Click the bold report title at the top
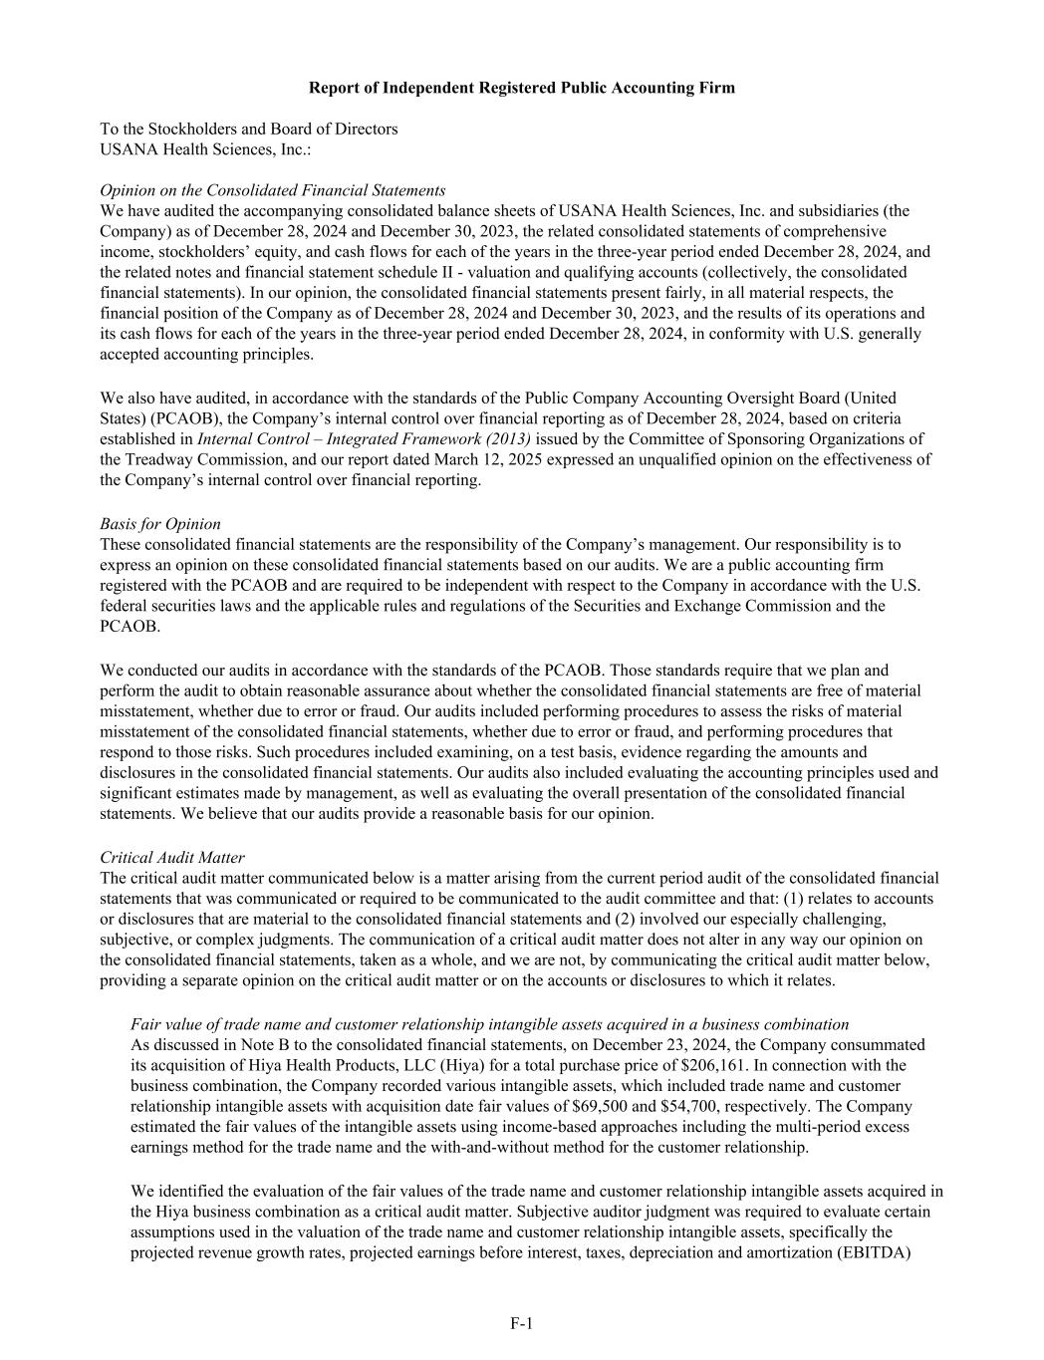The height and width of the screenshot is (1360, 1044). (x=522, y=88)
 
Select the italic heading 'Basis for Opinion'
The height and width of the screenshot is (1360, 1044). (x=160, y=524)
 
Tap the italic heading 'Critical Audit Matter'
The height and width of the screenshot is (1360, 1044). (x=172, y=857)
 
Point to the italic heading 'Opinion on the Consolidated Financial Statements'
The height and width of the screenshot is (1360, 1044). (x=273, y=190)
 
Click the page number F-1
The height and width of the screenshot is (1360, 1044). (x=522, y=1323)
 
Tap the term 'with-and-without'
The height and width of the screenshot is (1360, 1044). (x=575, y=1147)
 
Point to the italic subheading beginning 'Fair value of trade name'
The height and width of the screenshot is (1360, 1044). (x=489, y=1024)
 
